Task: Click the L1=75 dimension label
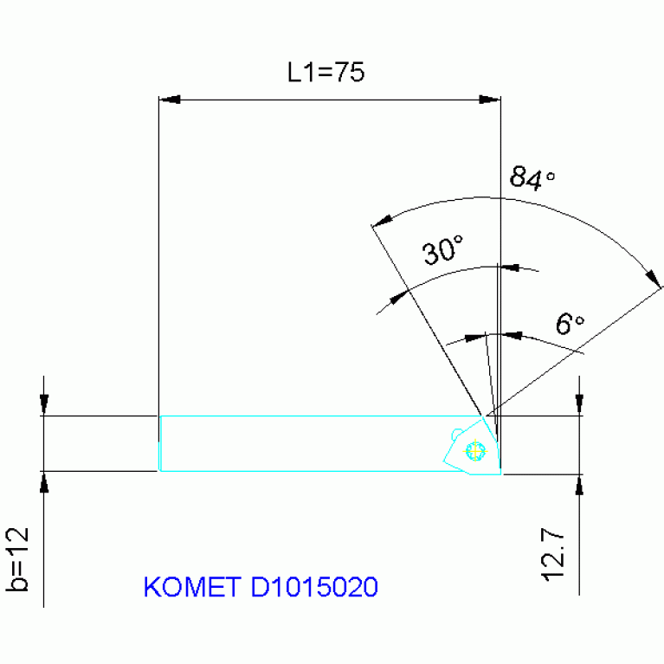[x=326, y=73]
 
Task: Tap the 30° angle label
[x=444, y=252]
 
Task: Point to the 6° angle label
[x=570, y=325]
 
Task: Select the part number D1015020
[x=314, y=588]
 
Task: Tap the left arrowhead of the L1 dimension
[x=168, y=100]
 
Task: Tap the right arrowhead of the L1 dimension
[x=490, y=100]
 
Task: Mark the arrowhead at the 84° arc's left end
[x=381, y=220]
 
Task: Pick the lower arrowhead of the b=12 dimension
[x=43, y=482]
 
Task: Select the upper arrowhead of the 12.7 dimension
[x=579, y=403]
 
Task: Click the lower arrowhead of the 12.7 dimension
[x=579, y=486]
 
